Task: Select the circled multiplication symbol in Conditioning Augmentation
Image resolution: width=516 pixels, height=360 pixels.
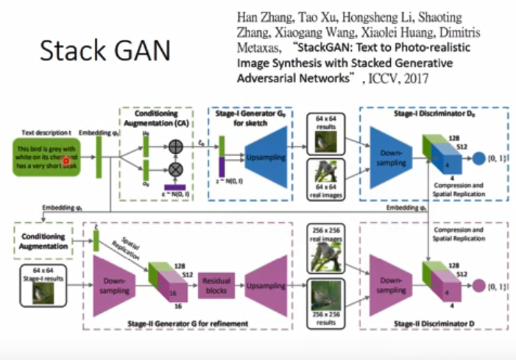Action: (x=175, y=169)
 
